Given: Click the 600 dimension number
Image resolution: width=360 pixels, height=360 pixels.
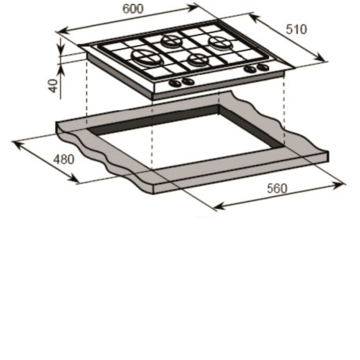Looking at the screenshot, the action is pyautogui.click(x=133, y=9).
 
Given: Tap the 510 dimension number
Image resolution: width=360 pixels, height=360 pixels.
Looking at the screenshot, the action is pyautogui.click(x=296, y=29).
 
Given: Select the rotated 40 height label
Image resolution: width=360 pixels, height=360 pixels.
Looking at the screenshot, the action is pyautogui.click(x=54, y=85).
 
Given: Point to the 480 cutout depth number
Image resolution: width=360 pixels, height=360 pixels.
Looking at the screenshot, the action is pyautogui.click(x=64, y=159).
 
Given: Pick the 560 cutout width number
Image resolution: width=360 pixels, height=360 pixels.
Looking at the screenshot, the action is pyautogui.click(x=277, y=189).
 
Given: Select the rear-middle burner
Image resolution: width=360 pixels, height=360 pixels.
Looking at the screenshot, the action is pyautogui.click(x=171, y=41).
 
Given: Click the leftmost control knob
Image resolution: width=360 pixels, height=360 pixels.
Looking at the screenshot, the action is pyautogui.click(x=175, y=83).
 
